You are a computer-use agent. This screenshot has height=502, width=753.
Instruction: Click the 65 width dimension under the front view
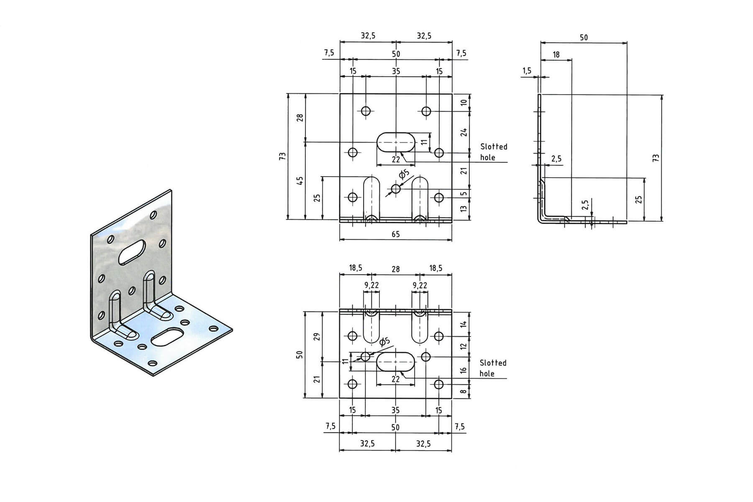(x=395, y=234)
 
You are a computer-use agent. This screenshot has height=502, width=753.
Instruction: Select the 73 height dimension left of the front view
(x=283, y=156)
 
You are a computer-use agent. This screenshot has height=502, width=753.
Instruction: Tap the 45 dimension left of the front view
(x=300, y=181)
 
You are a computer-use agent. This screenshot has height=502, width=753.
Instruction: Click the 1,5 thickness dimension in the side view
(x=527, y=71)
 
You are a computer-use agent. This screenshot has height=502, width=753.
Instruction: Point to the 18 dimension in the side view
(x=556, y=54)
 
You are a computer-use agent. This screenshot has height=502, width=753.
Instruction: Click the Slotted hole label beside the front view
(x=493, y=152)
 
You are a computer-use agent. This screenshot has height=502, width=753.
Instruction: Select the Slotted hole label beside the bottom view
(x=493, y=368)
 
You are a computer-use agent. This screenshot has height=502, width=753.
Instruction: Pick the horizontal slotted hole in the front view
(x=396, y=142)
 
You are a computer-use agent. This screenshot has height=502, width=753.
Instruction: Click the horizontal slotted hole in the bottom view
(x=395, y=361)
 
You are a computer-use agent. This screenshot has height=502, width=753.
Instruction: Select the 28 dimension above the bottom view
(x=395, y=269)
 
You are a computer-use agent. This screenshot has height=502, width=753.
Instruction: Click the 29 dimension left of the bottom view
(x=317, y=336)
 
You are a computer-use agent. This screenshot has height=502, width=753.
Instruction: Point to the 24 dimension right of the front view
(x=464, y=132)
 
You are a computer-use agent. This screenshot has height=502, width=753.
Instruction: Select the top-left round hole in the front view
(x=366, y=111)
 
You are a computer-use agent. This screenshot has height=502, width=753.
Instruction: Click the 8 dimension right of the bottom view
(x=464, y=392)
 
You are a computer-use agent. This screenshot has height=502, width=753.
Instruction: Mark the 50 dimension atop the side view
(x=584, y=37)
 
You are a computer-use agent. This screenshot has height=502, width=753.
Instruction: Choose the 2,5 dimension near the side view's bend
(x=556, y=159)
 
